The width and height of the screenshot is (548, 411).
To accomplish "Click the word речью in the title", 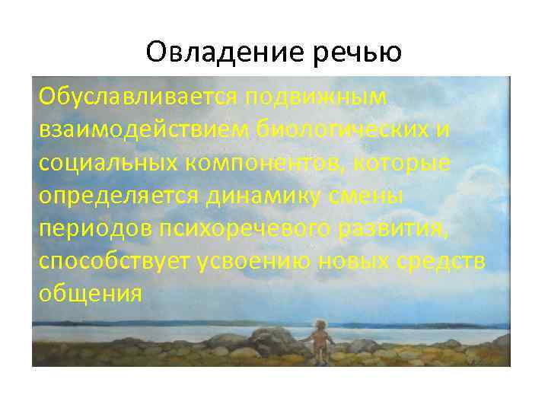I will pos(354,52).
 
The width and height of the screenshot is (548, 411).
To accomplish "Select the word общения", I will pos(91,294).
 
